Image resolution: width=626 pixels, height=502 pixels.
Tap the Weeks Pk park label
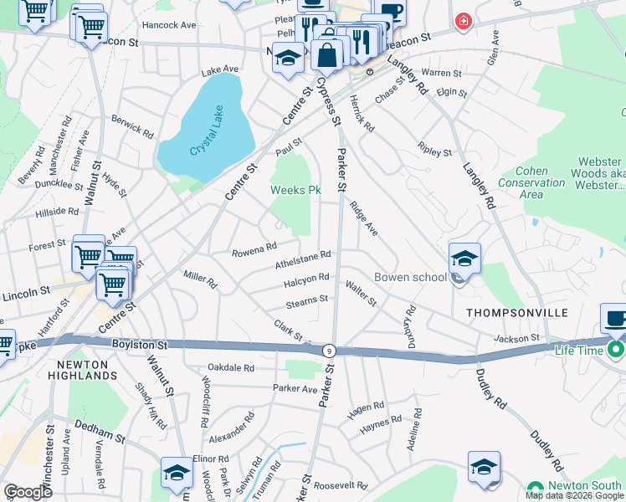click(295, 191)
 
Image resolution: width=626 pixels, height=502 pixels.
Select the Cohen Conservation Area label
click(531, 182)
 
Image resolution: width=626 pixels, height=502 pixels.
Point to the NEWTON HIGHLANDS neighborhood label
click(87, 370)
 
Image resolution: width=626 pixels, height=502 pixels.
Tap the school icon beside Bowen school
click(464, 259)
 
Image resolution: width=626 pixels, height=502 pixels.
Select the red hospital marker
click(461, 20)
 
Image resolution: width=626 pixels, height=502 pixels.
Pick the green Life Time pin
click(616, 349)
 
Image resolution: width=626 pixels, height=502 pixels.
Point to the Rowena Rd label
click(254, 248)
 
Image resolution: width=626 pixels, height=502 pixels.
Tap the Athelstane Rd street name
click(303, 259)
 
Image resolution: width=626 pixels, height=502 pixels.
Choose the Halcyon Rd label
click(306, 279)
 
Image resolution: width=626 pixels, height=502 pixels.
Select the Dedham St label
click(102, 436)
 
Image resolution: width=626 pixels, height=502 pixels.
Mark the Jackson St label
click(540, 339)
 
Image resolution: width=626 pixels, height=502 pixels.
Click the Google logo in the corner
click(28, 493)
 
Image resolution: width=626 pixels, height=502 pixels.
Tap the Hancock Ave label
click(169, 25)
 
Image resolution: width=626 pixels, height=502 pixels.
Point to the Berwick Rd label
click(132, 126)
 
